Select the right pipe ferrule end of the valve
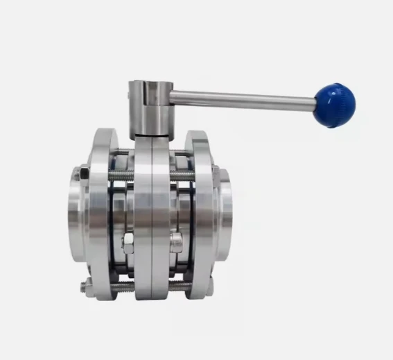tap(225, 212)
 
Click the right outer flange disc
tap(201, 208)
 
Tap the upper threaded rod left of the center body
tap(121, 175)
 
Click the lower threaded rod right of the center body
tap(182, 286)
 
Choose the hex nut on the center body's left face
tap(128, 243)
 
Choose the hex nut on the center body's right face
tap(177, 243)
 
